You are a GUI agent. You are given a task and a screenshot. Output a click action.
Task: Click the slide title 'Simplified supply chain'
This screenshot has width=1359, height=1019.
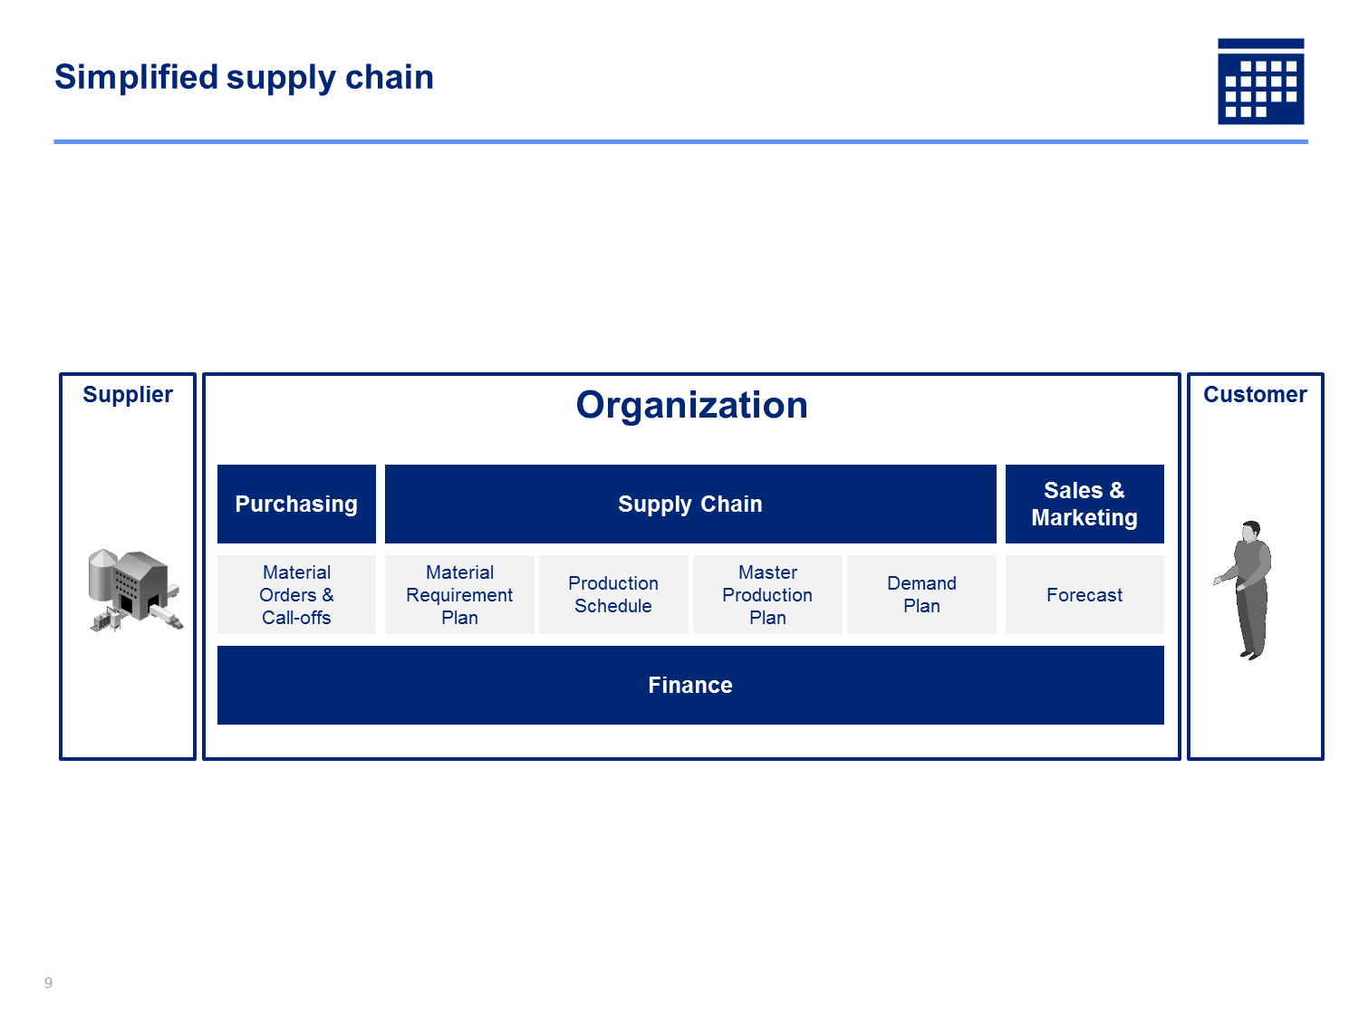244,77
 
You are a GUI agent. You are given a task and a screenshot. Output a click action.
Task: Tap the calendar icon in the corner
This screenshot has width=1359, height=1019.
1260,81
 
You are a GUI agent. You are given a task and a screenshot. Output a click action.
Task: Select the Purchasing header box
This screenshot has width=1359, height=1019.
296,504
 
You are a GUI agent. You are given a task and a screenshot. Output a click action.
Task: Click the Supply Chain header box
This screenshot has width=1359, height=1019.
690,504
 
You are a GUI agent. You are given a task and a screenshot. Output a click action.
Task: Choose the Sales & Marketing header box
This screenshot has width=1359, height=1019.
1084,504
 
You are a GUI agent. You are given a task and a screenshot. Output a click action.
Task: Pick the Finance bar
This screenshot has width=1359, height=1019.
690,685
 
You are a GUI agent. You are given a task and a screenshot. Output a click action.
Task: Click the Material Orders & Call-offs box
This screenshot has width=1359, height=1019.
296,594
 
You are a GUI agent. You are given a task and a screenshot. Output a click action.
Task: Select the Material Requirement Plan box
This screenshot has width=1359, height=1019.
459,594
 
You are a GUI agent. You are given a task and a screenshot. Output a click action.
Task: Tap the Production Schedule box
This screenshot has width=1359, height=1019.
613,594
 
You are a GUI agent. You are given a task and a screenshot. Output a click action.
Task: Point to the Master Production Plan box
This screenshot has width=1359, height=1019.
767,594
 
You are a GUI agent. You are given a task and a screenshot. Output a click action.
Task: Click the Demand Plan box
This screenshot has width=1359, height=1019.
921,594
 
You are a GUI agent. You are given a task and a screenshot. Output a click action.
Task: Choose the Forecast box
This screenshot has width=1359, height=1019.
1084,594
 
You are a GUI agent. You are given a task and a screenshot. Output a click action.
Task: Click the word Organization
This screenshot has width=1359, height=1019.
691,405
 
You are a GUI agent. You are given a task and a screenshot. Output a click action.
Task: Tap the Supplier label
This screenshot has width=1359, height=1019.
128,395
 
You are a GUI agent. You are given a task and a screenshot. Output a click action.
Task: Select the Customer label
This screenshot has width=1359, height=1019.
1255,394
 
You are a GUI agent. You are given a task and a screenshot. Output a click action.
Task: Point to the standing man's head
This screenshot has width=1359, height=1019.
1250,531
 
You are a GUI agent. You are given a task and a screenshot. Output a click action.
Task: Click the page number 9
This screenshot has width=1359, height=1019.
48,983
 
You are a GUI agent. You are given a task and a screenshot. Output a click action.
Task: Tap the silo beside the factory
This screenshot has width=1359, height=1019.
101,575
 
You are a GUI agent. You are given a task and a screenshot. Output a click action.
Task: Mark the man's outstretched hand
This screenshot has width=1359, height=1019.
1219,581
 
